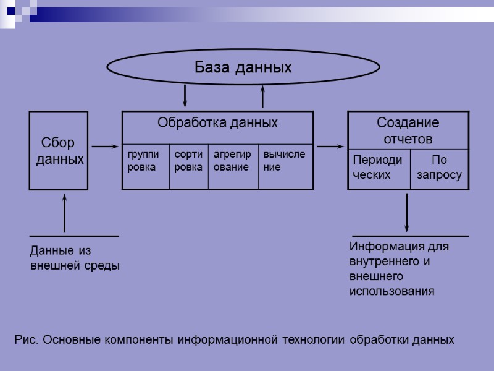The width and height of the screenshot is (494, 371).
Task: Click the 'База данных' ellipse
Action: [x=243, y=67]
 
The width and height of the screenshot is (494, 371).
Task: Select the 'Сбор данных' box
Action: [x=59, y=150]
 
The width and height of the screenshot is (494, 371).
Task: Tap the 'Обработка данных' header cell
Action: [x=217, y=123]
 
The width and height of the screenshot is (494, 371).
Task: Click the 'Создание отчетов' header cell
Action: [x=408, y=130]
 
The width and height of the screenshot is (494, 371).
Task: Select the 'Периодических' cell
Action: [x=379, y=168]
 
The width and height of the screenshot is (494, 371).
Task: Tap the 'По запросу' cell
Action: [x=439, y=168]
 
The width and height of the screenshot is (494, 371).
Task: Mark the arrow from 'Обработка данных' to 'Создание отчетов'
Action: [x=330, y=147]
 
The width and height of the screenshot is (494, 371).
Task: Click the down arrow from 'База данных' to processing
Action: [x=185, y=96]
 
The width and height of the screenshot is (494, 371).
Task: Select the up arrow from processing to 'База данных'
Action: [x=263, y=97]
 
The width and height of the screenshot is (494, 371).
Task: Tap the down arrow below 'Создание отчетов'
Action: [x=407, y=213]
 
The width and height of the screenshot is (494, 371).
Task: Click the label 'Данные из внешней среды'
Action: [x=75, y=258]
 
